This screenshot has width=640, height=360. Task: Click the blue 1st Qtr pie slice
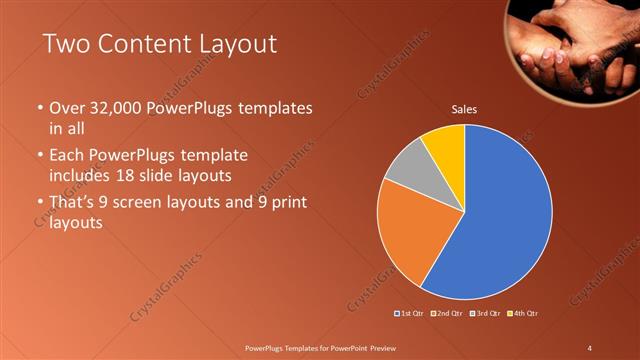[x=500, y=215]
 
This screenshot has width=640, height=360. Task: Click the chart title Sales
[x=464, y=108]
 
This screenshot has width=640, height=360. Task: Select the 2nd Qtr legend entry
[x=447, y=313]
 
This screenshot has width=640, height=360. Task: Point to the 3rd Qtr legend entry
[x=485, y=313]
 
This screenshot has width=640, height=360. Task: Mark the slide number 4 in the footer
[x=590, y=347]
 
